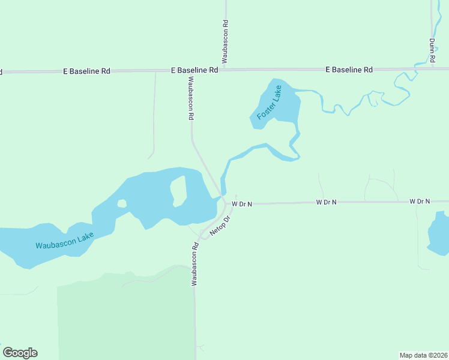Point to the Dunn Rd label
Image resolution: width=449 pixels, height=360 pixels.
click(x=432, y=51)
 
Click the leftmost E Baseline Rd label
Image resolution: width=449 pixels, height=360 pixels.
click(x=87, y=71)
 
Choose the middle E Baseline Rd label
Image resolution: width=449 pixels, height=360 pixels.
click(x=194, y=70)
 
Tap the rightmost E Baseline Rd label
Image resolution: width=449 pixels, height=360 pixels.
click(x=349, y=70)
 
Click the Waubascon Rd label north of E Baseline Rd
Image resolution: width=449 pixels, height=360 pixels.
click(x=225, y=41)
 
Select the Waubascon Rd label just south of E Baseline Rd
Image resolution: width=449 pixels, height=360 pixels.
click(x=191, y=98)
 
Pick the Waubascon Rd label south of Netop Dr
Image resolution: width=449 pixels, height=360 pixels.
click(x=195, y=264)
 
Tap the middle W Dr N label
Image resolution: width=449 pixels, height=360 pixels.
click(x=327, y=202)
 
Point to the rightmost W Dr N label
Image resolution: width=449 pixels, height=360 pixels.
click(x=420, y=201)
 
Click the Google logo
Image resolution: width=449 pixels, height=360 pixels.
click(x=20, y=353)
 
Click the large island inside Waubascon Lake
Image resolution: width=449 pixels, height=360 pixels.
click(x=178, y=191)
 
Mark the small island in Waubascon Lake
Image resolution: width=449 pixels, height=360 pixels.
click(x=122, y=203)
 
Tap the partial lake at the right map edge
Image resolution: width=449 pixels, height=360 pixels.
click(x=439, y=233)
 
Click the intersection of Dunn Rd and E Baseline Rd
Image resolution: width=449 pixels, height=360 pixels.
click(x=432, y=68)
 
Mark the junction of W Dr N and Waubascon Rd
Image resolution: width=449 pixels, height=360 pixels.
click(x=225, y=204)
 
